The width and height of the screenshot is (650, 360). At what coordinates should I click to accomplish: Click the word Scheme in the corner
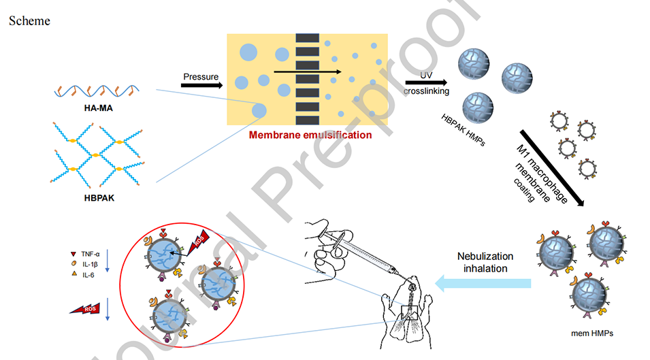29,20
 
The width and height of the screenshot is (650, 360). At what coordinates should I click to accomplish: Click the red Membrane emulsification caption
310,135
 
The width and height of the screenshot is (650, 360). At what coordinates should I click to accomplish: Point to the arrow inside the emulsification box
307,71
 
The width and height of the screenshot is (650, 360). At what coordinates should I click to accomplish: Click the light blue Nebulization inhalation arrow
484,280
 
